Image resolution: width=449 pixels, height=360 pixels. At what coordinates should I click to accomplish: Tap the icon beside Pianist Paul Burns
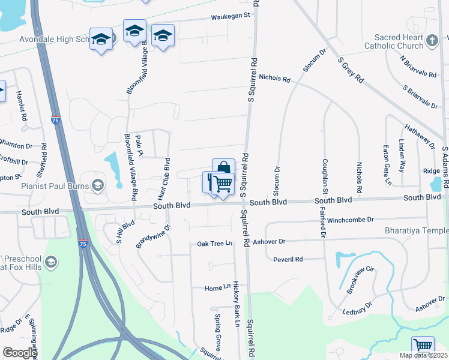98,185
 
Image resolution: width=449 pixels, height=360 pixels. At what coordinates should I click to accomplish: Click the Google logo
20,353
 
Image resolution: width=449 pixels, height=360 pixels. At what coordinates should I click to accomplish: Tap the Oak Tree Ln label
214,244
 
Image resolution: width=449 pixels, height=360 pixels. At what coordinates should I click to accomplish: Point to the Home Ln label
217,289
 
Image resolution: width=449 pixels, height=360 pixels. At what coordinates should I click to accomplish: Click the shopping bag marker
223,169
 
